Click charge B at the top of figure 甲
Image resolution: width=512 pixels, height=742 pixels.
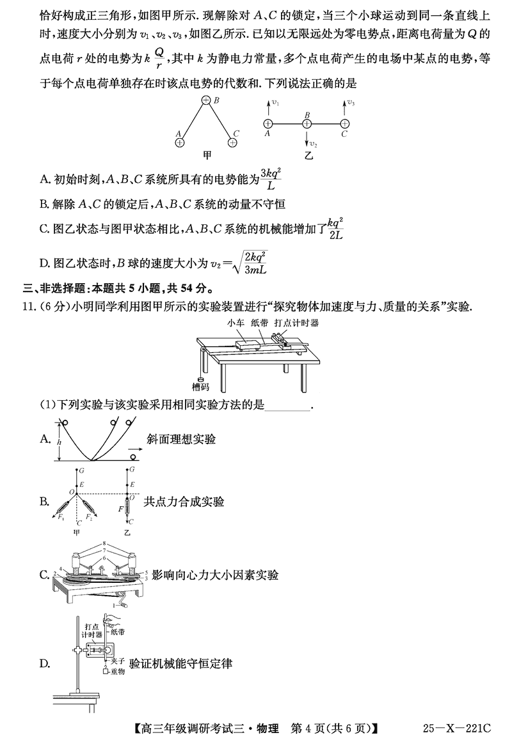pos(206,100)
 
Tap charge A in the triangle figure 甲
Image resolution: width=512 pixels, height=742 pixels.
pos(180,143)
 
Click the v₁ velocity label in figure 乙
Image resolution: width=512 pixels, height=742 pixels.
pos(275,102)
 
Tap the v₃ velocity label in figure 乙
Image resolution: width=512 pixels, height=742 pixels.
pos(351,102)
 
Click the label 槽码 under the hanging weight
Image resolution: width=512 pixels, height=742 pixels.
pos(200,387)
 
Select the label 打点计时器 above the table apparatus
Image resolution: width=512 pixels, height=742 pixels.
pos(296,323)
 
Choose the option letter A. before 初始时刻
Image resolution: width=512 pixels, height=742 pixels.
pos(45,180)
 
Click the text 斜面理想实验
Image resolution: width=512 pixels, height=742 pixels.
pos(180,439)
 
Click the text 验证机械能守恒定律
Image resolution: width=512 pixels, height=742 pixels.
pos(180,664)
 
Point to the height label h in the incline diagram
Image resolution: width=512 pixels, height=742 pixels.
pos(59,441)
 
